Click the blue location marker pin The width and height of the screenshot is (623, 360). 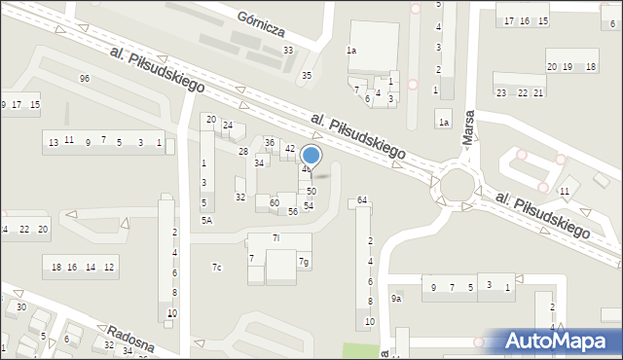point(311,156)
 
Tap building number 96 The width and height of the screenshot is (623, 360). point(85,78)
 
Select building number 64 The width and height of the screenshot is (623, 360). point(362,200)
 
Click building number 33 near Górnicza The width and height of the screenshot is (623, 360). point(288,51)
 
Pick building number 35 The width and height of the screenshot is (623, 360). point(307,75)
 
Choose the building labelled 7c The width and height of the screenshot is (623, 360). point(217,268)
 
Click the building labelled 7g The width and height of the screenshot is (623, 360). point(305,262)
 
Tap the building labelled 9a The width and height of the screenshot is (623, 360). point(396,299)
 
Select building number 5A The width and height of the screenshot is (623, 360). point(206,221)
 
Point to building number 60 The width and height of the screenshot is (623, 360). point(275,202)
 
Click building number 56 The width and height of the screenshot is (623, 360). point(292,211)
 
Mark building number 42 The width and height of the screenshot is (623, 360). point(290,149)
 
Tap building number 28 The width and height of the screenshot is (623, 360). point(243,152)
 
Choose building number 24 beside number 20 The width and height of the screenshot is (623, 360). point(228,126)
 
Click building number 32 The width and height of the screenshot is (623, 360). point(240,197)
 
